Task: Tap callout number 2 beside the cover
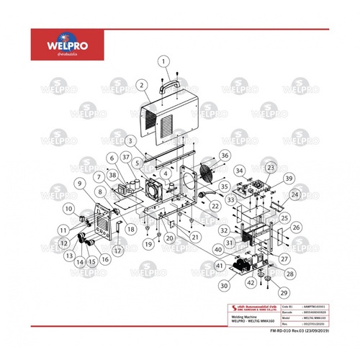144,86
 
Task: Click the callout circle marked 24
294,194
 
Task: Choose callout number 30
223,286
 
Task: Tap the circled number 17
117,249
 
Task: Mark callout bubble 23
271,168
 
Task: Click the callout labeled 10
68,208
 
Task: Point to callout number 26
294,228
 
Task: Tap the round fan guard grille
207,174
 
